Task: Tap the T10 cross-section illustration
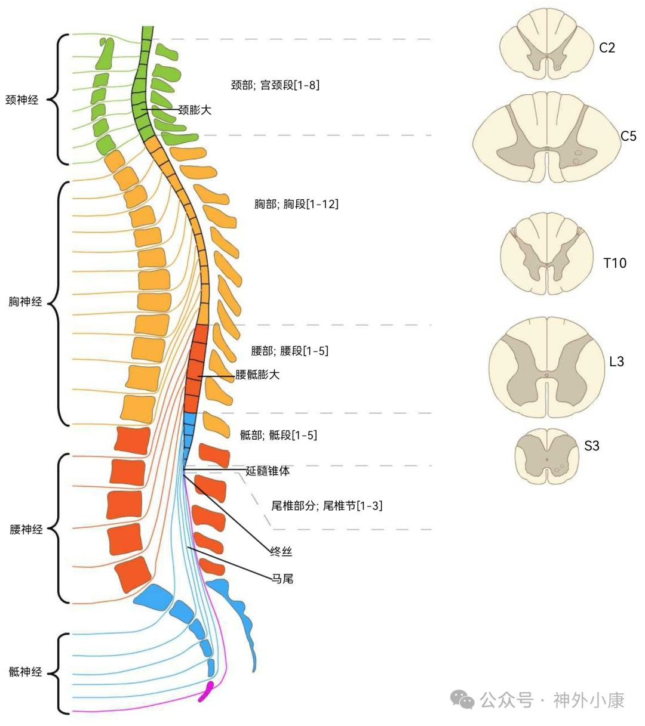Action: tap(547, 255)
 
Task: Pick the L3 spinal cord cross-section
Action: tap(546, 367)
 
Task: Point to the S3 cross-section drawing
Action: tap(547, 455)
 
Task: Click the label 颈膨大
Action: tap(195, 110)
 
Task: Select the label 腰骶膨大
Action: tap(257, 375)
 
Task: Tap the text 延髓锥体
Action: tap(268, 471)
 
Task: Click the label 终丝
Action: tap(281, 552)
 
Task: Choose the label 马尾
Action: tap(282, 579)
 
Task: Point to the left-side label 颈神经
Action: tap(22, 100)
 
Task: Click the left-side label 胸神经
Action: tap(26, 302)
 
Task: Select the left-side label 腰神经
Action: tap(26, 529)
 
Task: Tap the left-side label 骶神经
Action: tap(26, 672)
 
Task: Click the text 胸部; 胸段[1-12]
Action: tap(296, 204)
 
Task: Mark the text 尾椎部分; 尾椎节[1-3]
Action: tap(327, 506)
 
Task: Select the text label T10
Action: tap(615, 263)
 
